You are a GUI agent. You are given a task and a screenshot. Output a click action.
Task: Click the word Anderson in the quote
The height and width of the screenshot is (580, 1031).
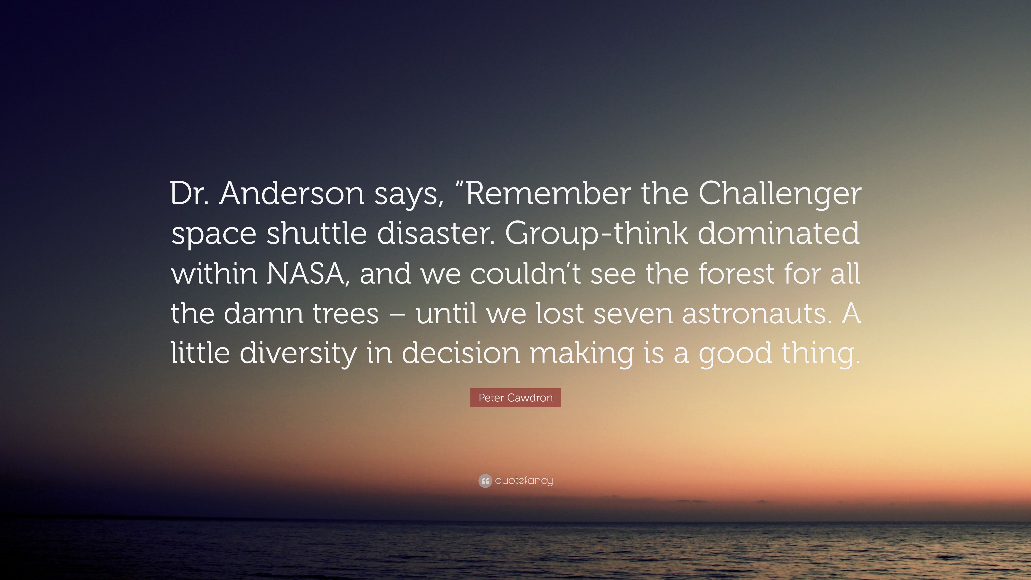tap(291, 194)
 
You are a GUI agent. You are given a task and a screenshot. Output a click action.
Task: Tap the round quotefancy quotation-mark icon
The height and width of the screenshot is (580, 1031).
tap(485, 481)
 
